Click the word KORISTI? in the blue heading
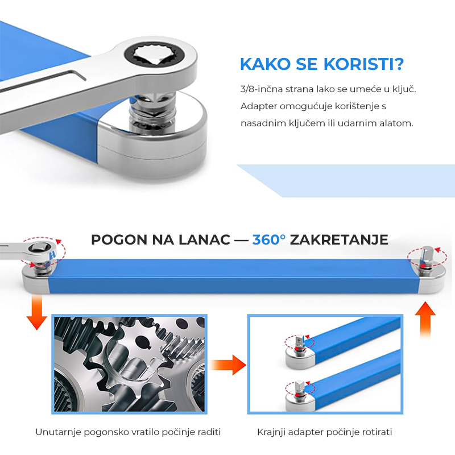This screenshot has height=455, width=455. click(363, 64)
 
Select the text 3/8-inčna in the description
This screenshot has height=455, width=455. click(262, 89)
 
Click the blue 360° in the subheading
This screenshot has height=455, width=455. click(268, 239)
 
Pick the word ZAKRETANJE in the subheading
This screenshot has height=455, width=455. click(339, 240)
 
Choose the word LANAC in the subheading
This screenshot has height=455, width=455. click(204, 240)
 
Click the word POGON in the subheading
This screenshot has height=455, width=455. click(119, 240)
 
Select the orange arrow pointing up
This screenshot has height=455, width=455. click(425, 319)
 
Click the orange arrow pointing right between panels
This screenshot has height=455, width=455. click(228, 365)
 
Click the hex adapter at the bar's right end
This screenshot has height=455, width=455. click(426, 257)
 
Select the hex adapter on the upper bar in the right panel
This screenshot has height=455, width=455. click(300, 344)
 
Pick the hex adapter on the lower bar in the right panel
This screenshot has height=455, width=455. click(300, 390)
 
